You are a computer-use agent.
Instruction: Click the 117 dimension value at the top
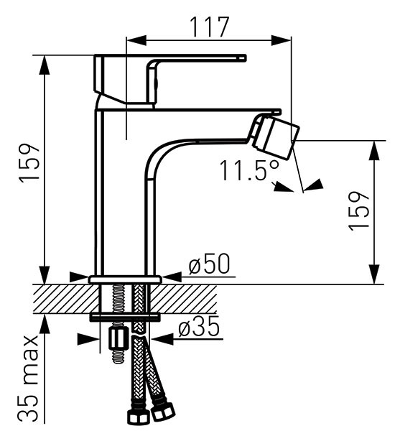[210, 27]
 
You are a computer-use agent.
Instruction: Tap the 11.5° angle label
[249, 170]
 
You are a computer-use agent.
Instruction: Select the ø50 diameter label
[209, 264]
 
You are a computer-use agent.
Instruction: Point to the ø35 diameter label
[199, 326]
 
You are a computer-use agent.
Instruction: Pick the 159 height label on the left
[29, 163]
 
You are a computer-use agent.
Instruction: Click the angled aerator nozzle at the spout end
[276, 137]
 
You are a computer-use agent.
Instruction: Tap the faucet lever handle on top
[170, 80]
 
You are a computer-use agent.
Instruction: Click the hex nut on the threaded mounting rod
[118, 338]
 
